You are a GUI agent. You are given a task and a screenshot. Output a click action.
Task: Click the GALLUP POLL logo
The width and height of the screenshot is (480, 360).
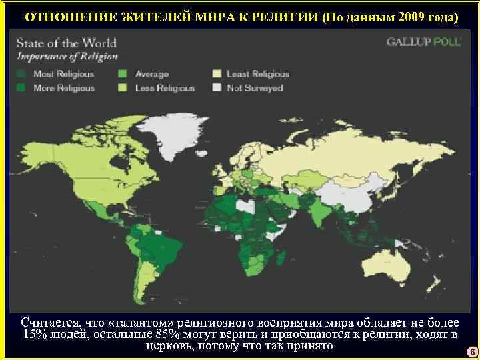(421, 41)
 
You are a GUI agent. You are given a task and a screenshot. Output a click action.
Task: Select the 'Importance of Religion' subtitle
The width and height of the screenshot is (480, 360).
(67, 57)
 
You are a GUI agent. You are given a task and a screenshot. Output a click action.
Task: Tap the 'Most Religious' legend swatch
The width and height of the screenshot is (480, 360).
(24, 73)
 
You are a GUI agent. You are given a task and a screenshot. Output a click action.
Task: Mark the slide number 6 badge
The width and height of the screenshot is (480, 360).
(471, 351)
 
